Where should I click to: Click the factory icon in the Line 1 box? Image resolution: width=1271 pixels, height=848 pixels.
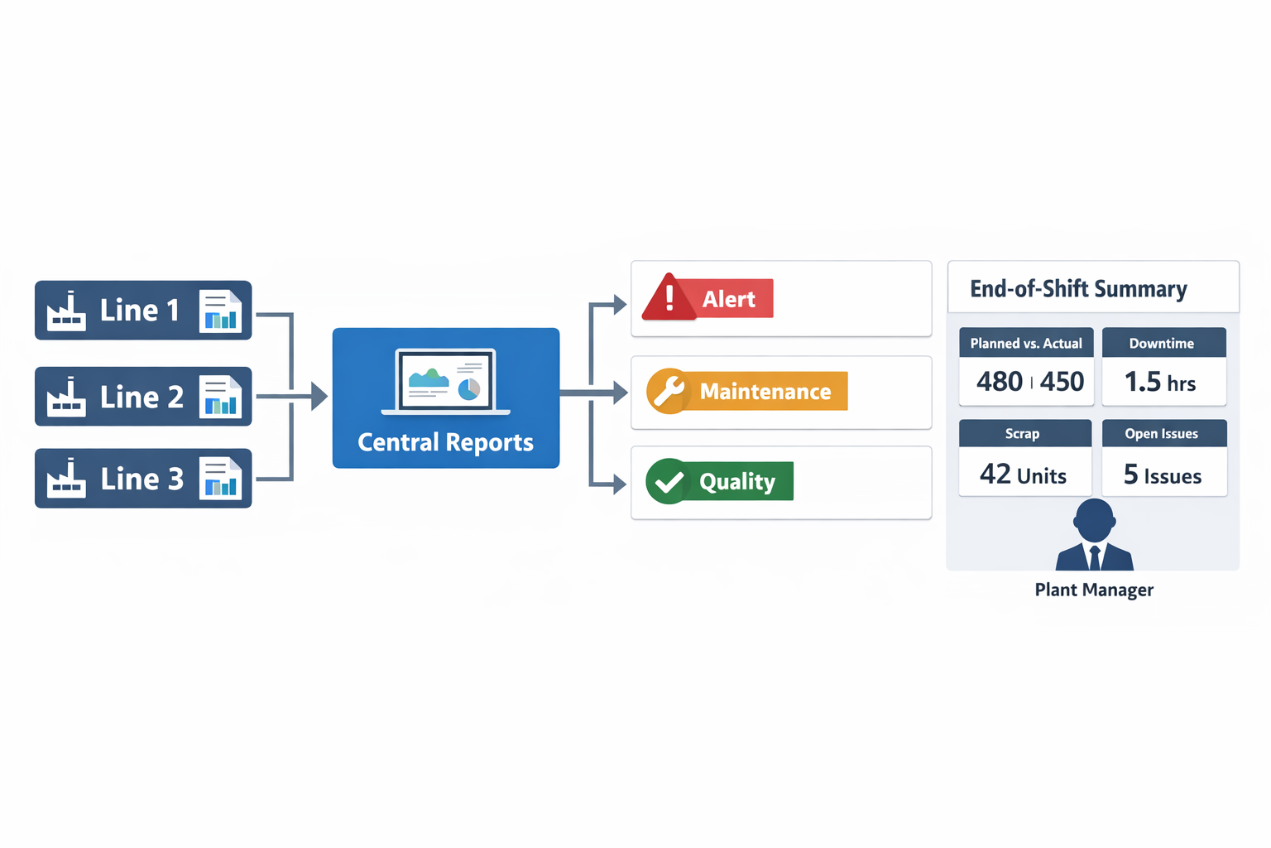pyautogui.click(x=66, y=311)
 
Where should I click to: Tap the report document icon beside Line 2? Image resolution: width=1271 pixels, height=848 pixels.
pyautogui.click(x=220, y=397)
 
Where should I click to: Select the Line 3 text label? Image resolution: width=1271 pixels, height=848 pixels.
pyautogui.click(x=141, y=479)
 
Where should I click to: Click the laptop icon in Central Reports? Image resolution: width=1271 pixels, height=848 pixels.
pyautogui.click(x=446, y=382)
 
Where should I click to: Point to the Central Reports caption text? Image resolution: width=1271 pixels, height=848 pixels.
pyautogui.click(x=445, y=442)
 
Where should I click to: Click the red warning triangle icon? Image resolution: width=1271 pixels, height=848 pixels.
pyautogui.click(x=669, y=298)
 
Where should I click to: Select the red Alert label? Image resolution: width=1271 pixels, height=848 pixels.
pyautogui.click(x=729, y=299)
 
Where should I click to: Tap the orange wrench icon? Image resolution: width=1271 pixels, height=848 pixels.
pyautogui.click(x=668, y=391)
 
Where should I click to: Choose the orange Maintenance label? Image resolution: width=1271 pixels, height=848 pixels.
pyautogui.click(x=765, y=391)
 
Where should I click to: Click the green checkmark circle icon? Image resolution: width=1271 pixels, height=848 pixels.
pyautogui.click(x=668, y=481)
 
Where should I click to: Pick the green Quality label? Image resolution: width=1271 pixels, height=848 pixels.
pyautogui.click(x=737, y=481)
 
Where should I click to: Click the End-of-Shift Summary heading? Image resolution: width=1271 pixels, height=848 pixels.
pyautogui.click(x=1078, y=289)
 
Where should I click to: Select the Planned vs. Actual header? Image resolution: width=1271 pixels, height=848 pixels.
pyautogui.click(x=1026, y=343)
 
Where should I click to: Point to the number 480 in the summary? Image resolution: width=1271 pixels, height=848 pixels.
pyautogui.click(x=1000, y=382)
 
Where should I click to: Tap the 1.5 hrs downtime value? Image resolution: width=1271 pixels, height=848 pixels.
pyautogui.click(x=1160, y=382)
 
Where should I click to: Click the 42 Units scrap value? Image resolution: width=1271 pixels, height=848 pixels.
pyautogui.click(x=1023, y=475)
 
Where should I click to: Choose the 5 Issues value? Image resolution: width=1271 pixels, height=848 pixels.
pyautogui.click(x=1163, y=475)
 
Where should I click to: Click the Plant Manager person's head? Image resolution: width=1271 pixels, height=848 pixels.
pyautogui.click(x=1095, y=520)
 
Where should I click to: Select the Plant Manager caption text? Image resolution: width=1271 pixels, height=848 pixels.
pyautogui.click(x=1094, y=590)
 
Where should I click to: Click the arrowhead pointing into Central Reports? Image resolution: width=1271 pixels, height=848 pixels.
pyautogui.click(x=319, y=397)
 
